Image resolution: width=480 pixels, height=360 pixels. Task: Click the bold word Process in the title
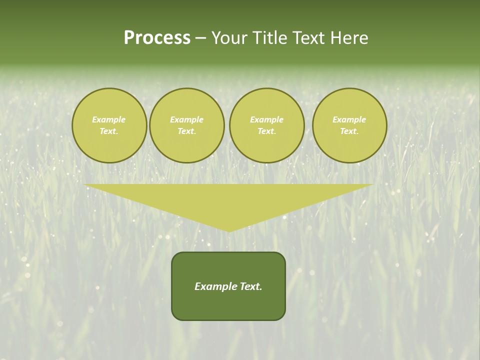click(x=157, y=38)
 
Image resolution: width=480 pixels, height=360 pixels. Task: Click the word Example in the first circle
click(x=109, y=119)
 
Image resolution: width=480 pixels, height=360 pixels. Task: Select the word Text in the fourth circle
click(x=349, y=131)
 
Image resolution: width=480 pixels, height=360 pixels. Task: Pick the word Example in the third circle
click(x=266, y=119)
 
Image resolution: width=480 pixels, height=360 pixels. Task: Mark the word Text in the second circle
click(x=186, y=131)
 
